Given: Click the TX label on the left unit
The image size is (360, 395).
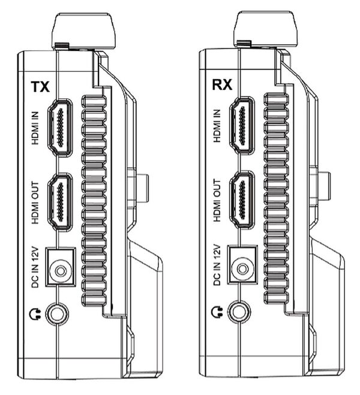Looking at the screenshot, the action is (x=40, y=87).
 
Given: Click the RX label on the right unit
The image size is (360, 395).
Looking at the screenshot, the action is (x=222, y=85).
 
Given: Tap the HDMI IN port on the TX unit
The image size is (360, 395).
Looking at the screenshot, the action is (x=60, y=128).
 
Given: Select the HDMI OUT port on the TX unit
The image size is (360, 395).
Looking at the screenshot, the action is (x=60, y=202).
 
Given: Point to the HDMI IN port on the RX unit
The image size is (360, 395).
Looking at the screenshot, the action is (x=242, y=125).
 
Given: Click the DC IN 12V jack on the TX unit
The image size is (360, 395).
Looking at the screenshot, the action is (x=61, y=267).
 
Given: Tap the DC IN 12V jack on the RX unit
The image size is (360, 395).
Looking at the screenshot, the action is (x=242, y=265).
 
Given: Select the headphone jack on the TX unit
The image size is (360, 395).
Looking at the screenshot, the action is (x=57, y=314).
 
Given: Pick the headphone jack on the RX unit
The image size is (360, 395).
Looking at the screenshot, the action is (x=239, y=312).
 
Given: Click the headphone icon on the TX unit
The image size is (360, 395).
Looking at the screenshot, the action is (x=35, y=314).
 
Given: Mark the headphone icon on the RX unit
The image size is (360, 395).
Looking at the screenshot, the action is (x=217, y=312).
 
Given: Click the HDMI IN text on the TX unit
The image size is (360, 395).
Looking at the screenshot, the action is (x=35, y=128).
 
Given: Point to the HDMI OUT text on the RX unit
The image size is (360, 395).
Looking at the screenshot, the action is (x=217, y=200).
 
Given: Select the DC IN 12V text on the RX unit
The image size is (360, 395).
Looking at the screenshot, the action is (x=217, y=265).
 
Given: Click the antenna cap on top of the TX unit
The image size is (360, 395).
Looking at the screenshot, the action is (x=83, y=31).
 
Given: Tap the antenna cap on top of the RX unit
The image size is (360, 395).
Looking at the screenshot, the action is (x=265, y=29).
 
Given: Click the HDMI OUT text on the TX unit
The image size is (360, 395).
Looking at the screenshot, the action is (x=35, y=203).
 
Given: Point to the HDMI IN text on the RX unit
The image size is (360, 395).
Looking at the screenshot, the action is (x=217, y=126).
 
